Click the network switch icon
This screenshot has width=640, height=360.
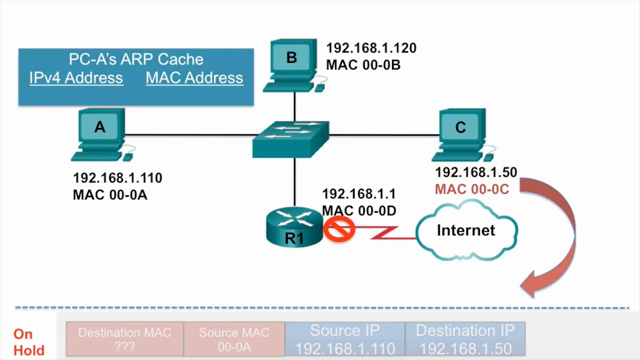click(x=291, y=139)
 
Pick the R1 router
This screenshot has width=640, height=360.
click(x=294, y=228)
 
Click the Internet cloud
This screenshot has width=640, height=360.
click(x=466, y=230)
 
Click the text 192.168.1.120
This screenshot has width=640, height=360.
click(x=371, y=48)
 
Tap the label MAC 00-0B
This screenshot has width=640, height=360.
click(x=363, y=65)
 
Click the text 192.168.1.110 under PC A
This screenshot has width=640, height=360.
click(x=117, y=178)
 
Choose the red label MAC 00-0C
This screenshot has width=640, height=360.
click(x=471, y=189)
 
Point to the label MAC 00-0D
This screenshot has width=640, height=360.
click(x=359, y=211)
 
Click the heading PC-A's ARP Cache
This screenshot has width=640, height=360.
click(x=136, y=59)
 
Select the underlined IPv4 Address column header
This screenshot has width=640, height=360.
click(x=76, y=78)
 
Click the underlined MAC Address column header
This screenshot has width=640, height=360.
click(x=194, y=78)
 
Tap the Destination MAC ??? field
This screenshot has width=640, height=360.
click(x=124, y=339)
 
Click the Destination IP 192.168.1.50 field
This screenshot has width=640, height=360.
click(x=465, y=339)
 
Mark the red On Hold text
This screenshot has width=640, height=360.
click(x=28, y=342)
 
